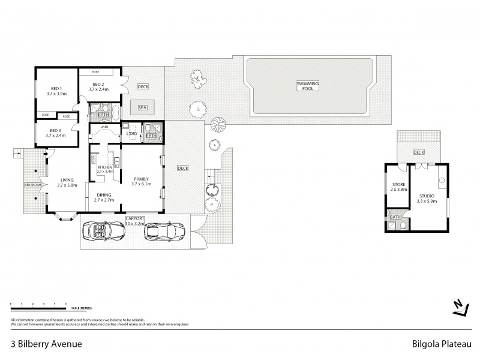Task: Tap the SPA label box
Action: [x=142, y=107]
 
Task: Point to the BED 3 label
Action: [x=55, y=133]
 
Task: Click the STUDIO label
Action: [x=427, y=199]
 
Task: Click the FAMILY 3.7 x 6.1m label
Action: [x=142, y=181]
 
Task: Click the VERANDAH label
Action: [x=32, y=184]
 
